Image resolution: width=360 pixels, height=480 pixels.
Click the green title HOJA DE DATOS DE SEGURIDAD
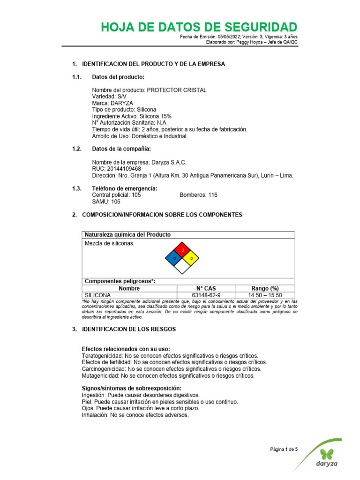pos(199,27)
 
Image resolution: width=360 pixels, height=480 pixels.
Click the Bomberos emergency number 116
pos(213,195)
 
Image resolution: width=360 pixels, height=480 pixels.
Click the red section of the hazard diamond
pos(182,250)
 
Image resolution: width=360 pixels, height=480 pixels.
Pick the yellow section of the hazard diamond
pos(191,258)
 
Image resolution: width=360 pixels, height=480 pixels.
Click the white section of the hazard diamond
pos(182,266)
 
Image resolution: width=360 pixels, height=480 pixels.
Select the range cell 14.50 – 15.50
pos(265,295)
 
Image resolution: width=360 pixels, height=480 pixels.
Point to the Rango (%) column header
pos(265,288)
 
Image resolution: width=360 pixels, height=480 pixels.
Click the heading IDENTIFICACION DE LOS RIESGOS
pos(129,330)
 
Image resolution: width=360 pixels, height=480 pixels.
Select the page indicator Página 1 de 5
pos(284,450)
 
